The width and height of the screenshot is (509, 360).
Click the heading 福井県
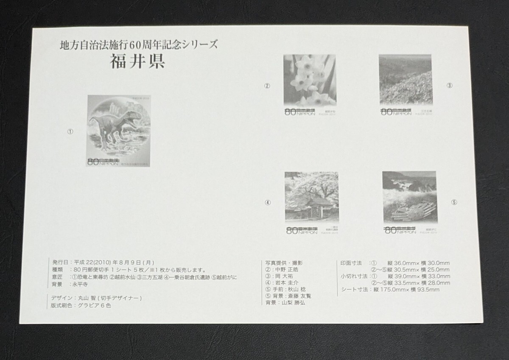pos(138,62)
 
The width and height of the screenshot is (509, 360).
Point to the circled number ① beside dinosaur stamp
pos(70,132)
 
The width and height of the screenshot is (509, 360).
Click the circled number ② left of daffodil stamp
pos(267,86)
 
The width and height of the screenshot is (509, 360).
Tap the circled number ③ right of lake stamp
pos(450,86)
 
